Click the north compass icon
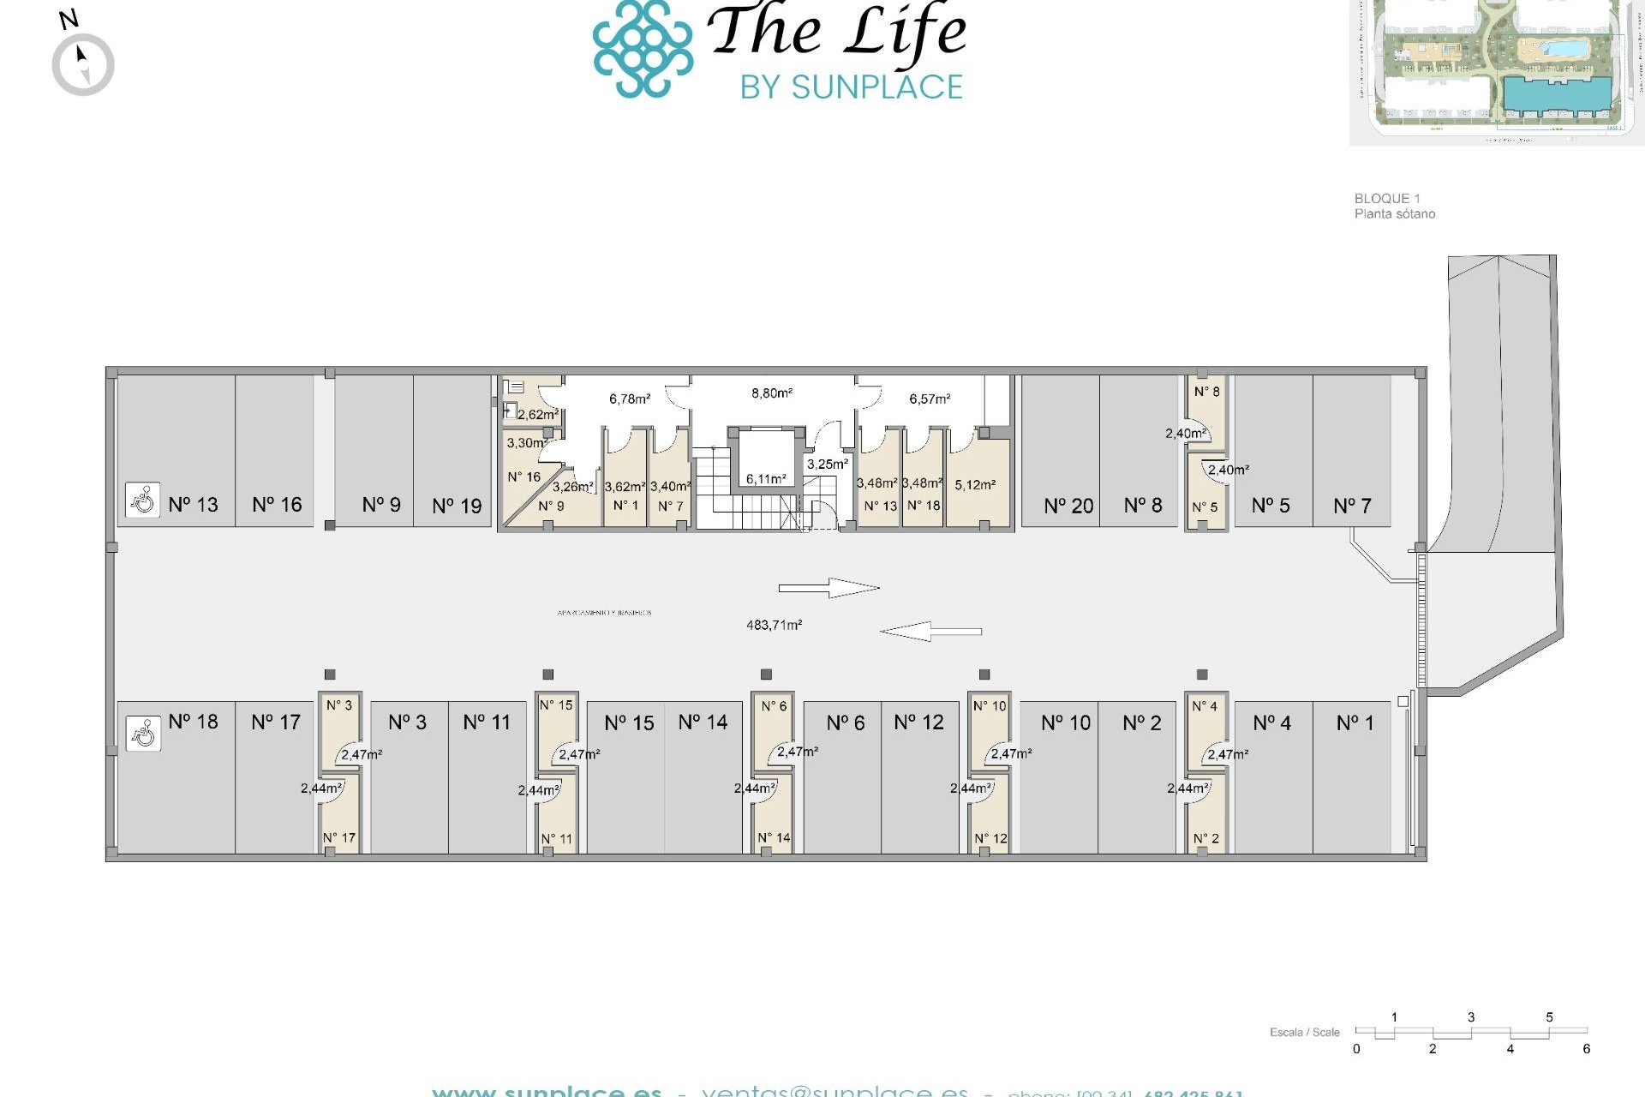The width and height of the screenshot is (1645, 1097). [83, 63]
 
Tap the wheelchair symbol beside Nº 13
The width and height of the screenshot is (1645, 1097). [142, 500]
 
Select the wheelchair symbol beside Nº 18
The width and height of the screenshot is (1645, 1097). [143, 734]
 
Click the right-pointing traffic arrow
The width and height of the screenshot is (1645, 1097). [828, 588]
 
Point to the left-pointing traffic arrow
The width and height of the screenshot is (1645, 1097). [930, 632]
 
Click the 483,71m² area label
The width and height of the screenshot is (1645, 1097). [774, 626]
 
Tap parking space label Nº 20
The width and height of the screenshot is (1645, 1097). [1068, 507]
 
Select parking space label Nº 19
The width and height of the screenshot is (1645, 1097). [457, 507]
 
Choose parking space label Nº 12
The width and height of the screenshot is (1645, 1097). [918, 723]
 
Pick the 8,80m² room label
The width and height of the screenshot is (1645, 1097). [772, 393]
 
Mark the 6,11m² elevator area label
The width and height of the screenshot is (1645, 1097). [765, 479]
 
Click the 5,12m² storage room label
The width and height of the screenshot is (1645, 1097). [975, 485]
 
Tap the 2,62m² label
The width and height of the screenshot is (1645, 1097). [537, 415]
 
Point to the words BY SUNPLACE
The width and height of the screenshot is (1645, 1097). [852, 87]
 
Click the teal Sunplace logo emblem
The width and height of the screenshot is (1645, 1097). [643, 49]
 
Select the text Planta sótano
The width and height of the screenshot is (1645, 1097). [1394, 214]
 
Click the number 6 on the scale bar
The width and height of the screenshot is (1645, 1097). [1586, 1049]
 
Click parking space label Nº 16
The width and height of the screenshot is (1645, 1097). [277, 505]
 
